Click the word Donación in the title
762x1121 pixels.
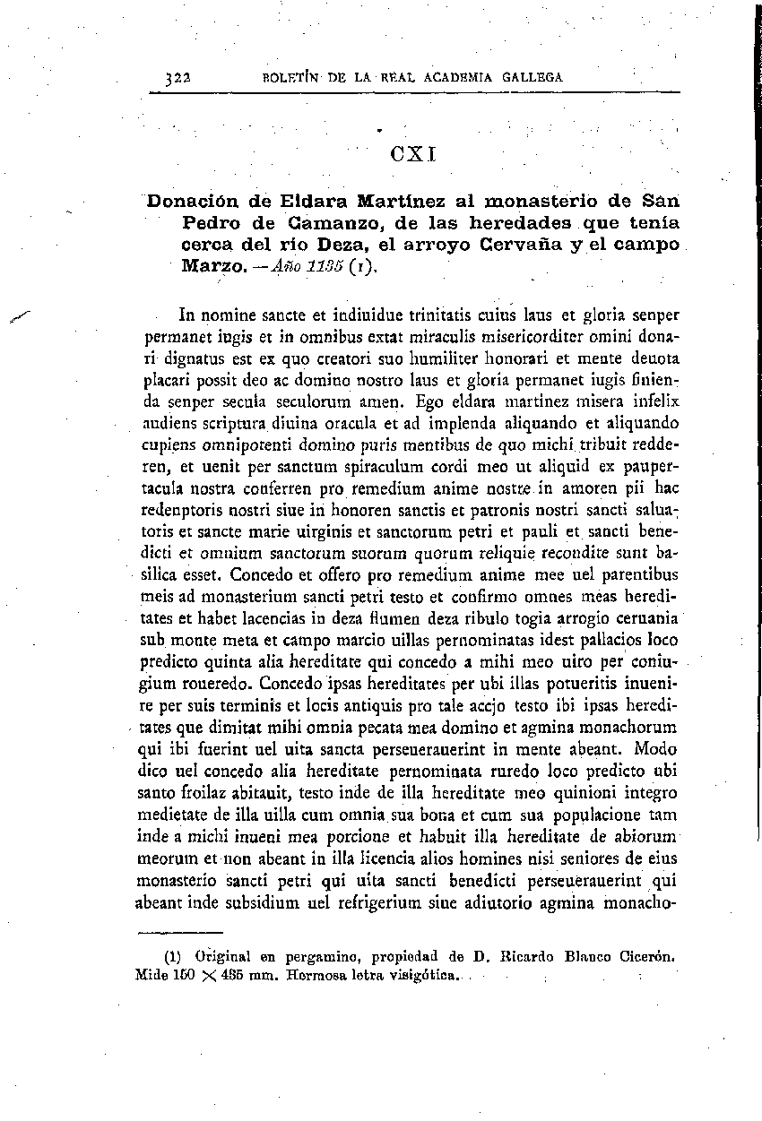(190, 200)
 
